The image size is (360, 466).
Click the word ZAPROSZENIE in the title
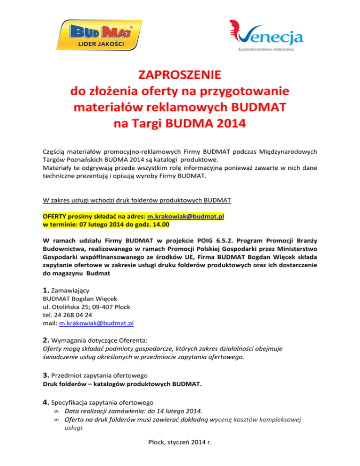click(x=180, y=75)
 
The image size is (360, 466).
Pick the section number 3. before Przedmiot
click(x=45, y=375)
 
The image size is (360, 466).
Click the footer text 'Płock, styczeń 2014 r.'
click(x=180, y=453)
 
